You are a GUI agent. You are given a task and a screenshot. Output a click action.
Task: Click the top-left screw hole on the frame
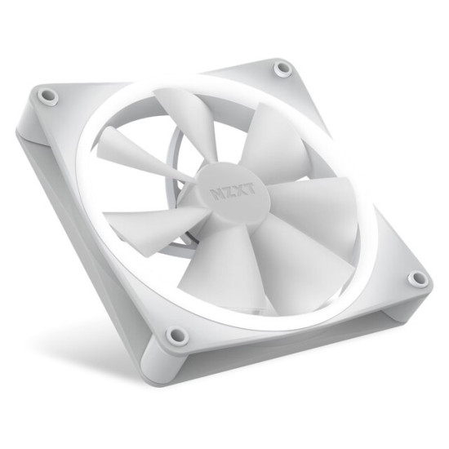(48, 96)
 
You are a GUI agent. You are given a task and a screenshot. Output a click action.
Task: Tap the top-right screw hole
(282, 69)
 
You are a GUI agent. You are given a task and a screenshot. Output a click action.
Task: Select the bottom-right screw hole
(417, 278)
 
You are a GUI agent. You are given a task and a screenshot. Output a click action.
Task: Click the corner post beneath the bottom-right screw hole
(408, 304)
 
